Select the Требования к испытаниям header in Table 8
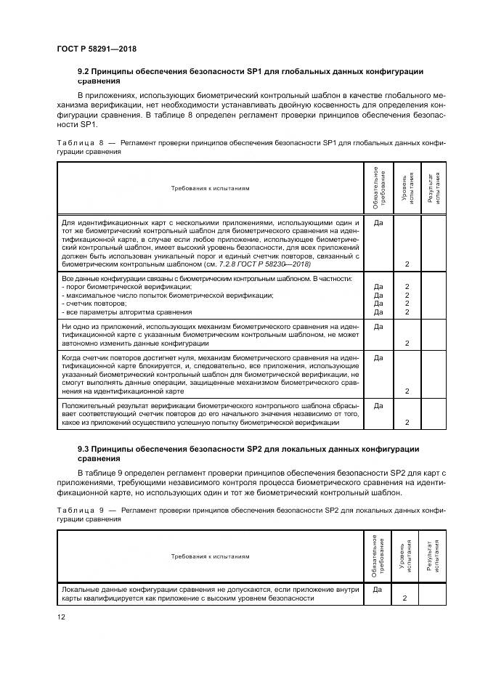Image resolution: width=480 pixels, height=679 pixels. pyautogui.click(x=210, y=188)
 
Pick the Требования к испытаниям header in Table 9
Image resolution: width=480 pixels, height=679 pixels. pyautogui.click(x=210, y=557)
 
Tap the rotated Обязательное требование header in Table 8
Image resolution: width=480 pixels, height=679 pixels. pyautogui.click(x=378, y=188)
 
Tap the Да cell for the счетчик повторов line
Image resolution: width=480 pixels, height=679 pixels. pyautogui.click(x=378, y=304)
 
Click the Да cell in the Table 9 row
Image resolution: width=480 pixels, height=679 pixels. pyautogui.click(x=378, y=590)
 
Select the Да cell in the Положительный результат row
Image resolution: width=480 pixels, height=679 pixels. pyautogui.click(x=378, y=405)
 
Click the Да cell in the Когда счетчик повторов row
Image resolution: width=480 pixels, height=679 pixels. pyautogui.click(x=378, y=358)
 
